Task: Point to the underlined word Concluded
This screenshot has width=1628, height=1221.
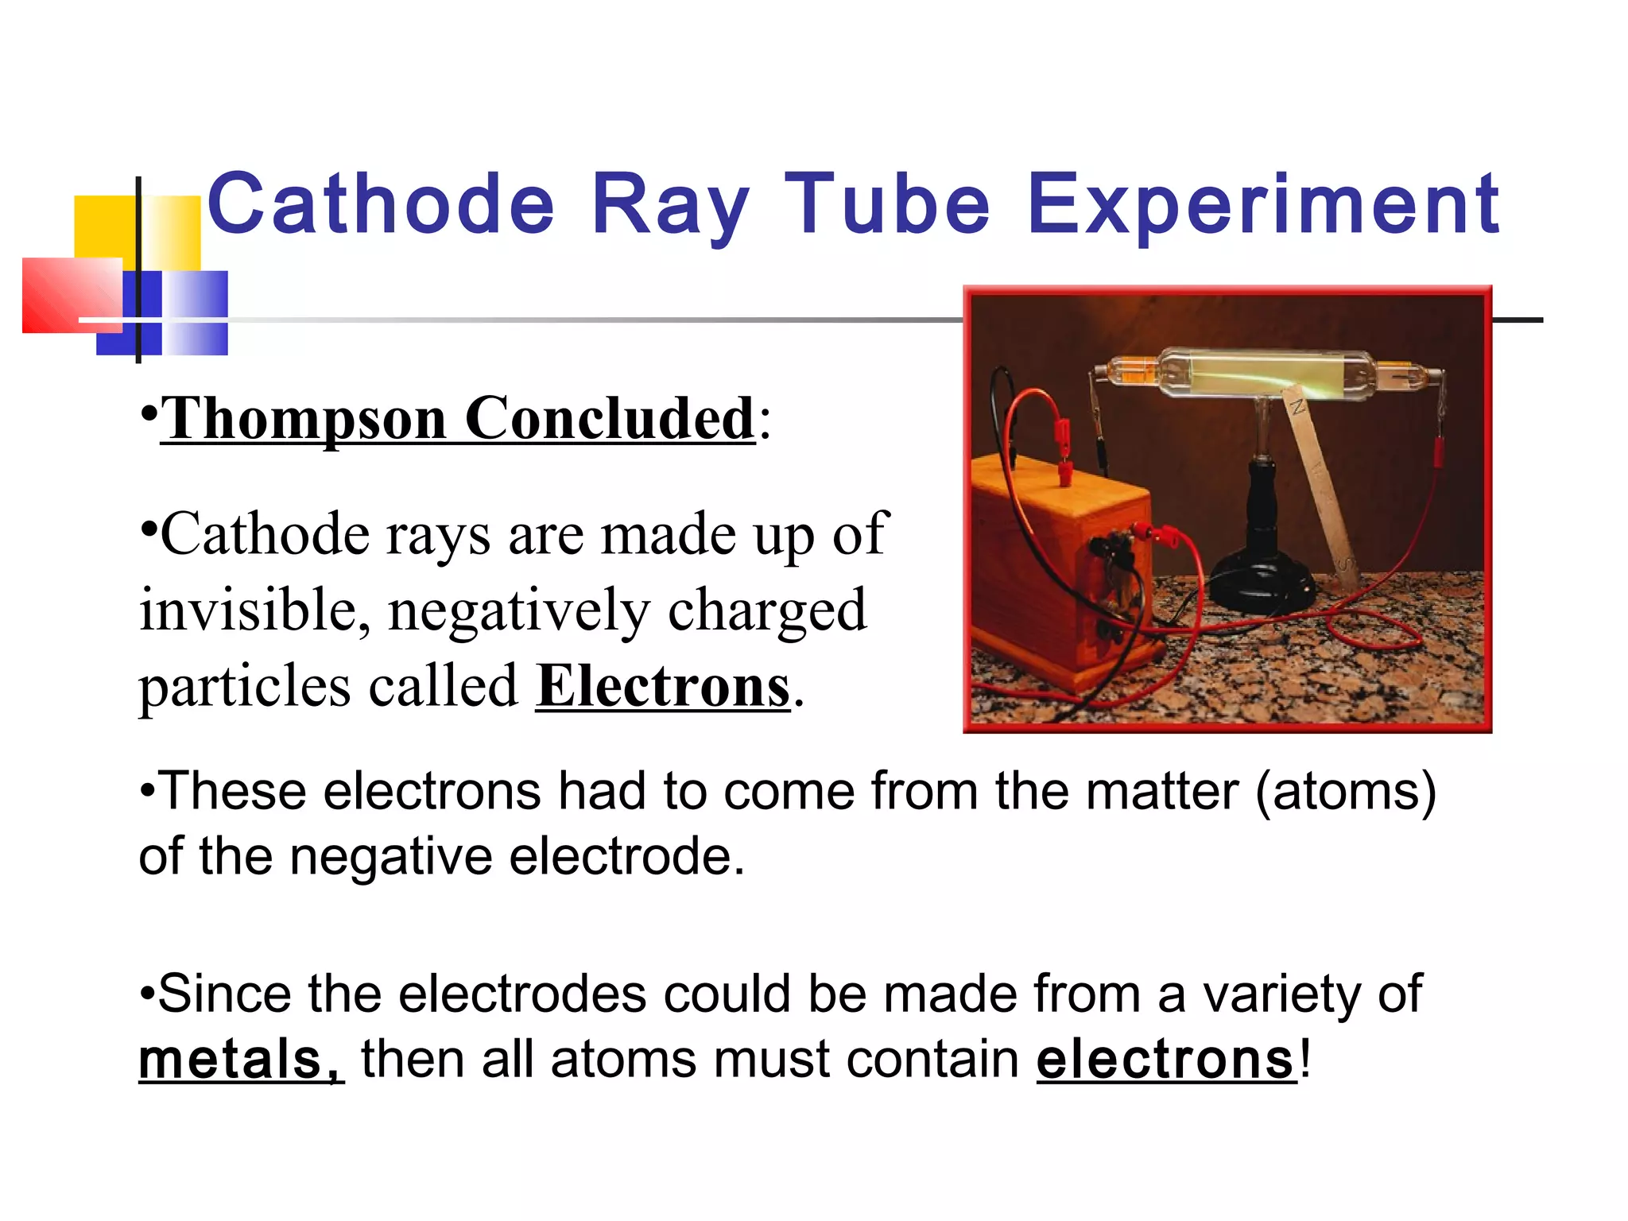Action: [x=609, y=419]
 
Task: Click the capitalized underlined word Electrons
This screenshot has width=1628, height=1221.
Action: [x=663, y=686]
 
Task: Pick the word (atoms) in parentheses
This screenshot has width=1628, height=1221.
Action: [x=1345, y=792]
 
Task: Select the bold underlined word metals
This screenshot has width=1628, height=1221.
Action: [x=241, y=1060]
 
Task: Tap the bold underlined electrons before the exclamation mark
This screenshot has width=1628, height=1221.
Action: [x=1166, y=1060]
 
